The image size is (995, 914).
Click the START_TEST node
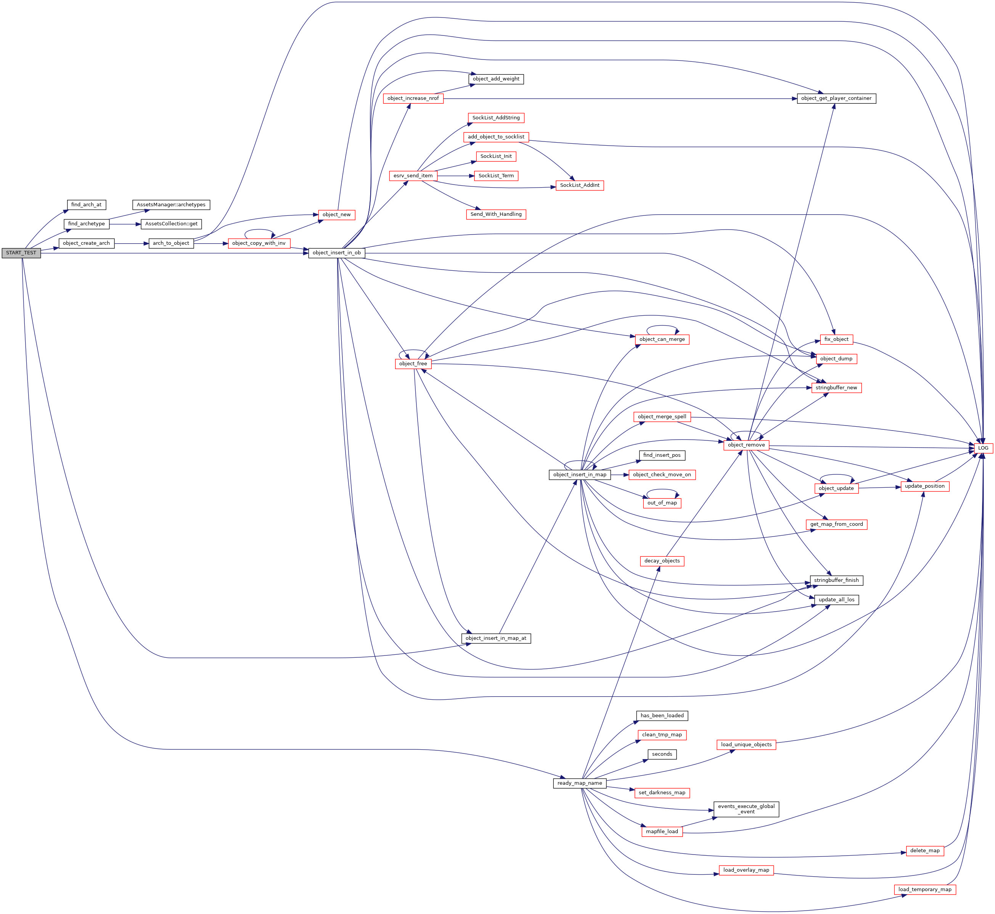[21, 253]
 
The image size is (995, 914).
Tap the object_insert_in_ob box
[336, 253]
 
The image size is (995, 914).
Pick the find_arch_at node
[86, 205]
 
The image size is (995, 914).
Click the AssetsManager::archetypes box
[171, 205]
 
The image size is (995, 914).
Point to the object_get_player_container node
[836, 98]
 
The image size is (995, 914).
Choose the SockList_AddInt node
[579, 185]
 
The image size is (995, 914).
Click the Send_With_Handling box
[496, 214]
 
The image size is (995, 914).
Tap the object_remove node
[746, 445]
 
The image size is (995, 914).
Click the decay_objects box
[662, 561]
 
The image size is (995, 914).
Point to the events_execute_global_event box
[746, 809]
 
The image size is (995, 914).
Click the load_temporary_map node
[925, 889]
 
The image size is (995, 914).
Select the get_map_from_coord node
[836, 524]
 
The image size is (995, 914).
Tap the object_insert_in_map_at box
[496, 639]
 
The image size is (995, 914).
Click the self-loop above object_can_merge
[662, 326]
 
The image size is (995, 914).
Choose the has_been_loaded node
[662, 716]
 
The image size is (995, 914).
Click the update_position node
[925, 486]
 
